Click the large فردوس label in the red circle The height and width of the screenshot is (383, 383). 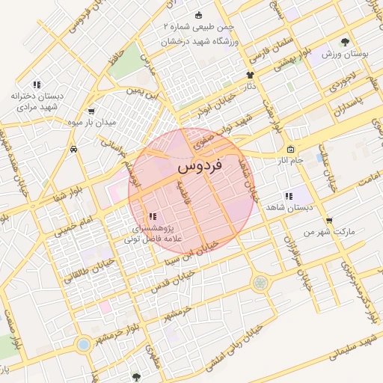202,166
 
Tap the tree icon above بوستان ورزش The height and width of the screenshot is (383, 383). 345,43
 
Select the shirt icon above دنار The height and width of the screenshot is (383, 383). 250,75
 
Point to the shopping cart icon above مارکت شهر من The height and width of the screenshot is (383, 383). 329,221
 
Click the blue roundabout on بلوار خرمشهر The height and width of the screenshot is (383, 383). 83,344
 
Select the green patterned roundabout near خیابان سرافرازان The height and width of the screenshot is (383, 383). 260,283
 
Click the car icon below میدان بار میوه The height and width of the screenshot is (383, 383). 74,149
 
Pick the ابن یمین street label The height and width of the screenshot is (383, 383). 142,94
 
